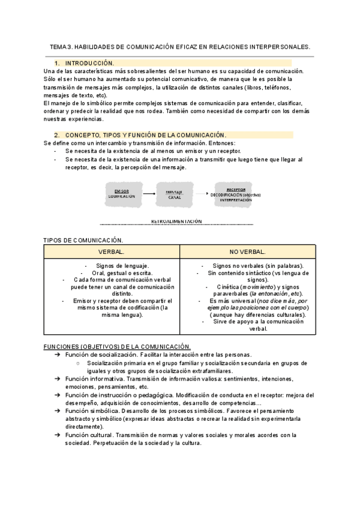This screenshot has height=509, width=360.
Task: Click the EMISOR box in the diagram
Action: [122, 193]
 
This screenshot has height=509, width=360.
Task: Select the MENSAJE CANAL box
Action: [174, 193]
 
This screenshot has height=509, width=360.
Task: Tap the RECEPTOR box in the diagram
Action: [235, 193]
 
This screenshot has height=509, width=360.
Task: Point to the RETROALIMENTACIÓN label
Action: [177, 221]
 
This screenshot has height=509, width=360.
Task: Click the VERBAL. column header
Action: [112, 251]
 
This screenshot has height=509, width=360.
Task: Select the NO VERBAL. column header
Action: [247, 251]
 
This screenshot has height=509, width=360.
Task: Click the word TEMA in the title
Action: [58, 46]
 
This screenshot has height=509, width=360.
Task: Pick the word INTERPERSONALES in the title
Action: [278, 46]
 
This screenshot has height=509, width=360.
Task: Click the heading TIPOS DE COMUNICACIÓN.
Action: [83, 239]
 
